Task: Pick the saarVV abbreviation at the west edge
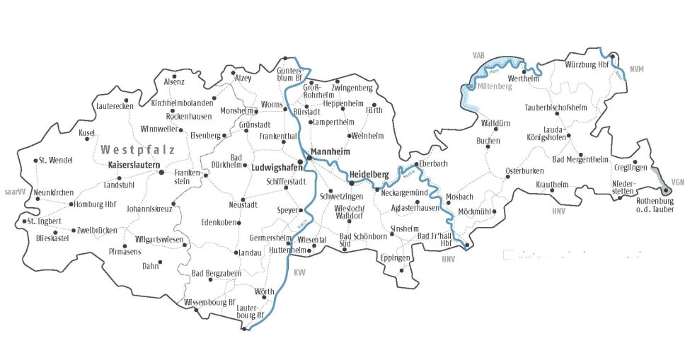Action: click(x=14, y=192)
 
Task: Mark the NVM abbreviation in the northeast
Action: click(x=636, y=69)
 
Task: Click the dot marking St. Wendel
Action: click(x=35, y=160)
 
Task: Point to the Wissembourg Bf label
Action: click(x=209, y=302)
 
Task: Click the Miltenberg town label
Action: click(x=493, y=86)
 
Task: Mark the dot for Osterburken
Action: click(x=507, y=179)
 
